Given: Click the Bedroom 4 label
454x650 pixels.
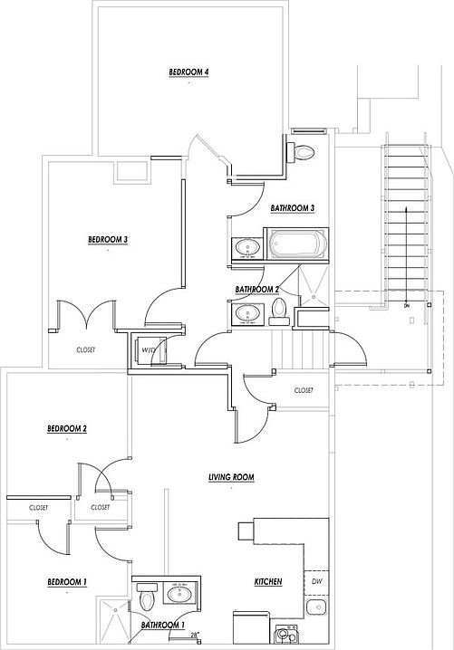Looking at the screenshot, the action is pos(188,72).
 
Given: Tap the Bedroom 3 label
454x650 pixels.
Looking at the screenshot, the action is pos(108,240).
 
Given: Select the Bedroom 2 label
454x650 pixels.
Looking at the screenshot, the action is pos(67,428).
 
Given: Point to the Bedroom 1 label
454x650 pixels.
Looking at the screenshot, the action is pos(67,582).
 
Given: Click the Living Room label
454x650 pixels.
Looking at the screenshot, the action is pos(231,477).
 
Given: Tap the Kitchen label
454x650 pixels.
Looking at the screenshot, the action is pos(268,581).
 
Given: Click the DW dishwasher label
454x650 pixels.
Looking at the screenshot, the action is pos(316,581).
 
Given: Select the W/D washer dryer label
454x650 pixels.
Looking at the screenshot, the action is pos(148,350).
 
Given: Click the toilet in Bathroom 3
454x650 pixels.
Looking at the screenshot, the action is pos(301,152).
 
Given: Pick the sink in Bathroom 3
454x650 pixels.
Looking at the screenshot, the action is pos(247,248).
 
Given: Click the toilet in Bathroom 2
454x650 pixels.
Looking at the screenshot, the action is pos(279,311).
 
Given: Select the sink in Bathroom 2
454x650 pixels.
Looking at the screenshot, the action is pos(247,313).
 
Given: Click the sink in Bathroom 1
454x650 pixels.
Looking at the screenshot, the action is pos(182,594).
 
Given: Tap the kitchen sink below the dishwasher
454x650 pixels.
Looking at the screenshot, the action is pos(316,607).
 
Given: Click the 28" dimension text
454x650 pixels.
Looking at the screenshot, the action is pos(195,635).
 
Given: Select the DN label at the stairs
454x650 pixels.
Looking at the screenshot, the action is pos(406,306).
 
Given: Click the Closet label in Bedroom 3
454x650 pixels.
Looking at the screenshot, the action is pos(85,349).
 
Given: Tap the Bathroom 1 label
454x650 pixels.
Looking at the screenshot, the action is pos(163,625).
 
